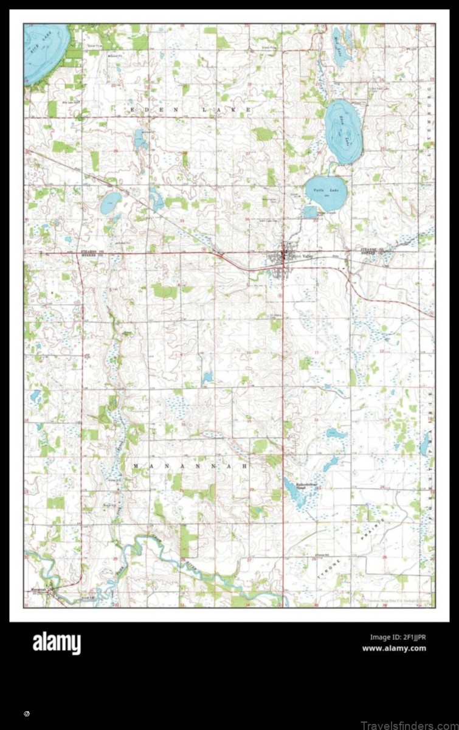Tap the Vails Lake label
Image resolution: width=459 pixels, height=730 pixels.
pos(321,190)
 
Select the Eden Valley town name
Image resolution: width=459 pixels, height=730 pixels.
pos(302,256)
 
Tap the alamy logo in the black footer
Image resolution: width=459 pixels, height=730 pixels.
pos(57,643)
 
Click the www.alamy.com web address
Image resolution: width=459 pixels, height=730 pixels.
pos(394,648)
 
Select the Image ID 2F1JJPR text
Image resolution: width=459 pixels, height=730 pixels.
pos(398,637)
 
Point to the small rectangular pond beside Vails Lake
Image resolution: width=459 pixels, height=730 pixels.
pos(310,212)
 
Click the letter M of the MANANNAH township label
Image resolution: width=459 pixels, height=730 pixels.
pos(136,465)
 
